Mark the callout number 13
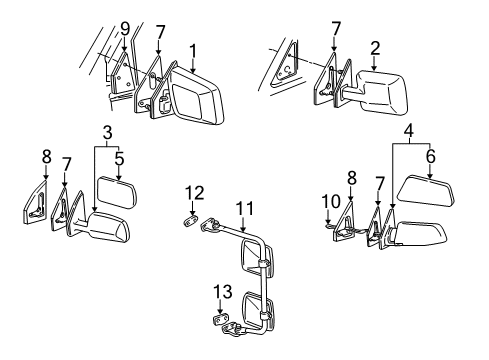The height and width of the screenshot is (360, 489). pyautogui.click(x=222, y=293)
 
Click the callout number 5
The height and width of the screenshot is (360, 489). pyautogui.click(x=118, y=157)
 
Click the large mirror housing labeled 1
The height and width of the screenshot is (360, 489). pyautogui.click(x=196, y=100)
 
